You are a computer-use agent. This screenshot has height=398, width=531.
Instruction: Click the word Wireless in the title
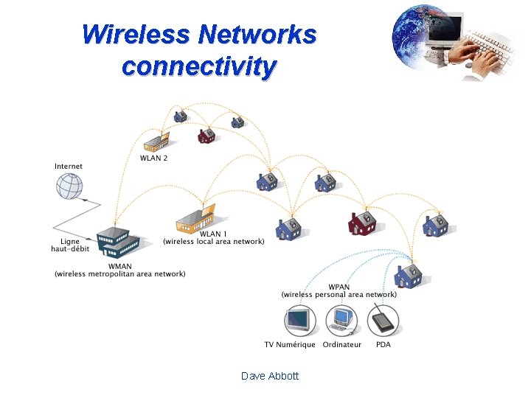[136, 35]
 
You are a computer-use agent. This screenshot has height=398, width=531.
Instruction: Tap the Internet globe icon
[70, 185]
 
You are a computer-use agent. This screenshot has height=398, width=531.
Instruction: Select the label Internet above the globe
[69, 167]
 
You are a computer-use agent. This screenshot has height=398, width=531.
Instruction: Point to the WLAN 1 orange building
[195, 218]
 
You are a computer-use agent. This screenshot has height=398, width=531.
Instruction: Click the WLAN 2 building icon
[156, 141]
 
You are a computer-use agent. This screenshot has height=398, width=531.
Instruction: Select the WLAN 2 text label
[154, 158]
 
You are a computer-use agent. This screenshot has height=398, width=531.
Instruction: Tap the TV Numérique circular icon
[299, 321]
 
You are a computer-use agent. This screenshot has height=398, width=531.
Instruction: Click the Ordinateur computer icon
[341, 321]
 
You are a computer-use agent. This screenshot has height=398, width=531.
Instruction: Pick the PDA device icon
[383, 321]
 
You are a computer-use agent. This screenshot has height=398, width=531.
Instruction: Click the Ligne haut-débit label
[70, 245]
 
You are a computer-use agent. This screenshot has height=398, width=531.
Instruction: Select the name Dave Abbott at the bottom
[270, 376]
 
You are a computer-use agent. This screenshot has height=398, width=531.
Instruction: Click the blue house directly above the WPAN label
[407, 276]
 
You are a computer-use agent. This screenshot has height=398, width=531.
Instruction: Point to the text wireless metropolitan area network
[120, 274]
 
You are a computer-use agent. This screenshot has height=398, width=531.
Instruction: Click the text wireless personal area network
[339, 295]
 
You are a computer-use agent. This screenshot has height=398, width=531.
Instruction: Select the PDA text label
[383, 345]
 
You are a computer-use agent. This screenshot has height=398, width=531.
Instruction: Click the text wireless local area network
[214, 242]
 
